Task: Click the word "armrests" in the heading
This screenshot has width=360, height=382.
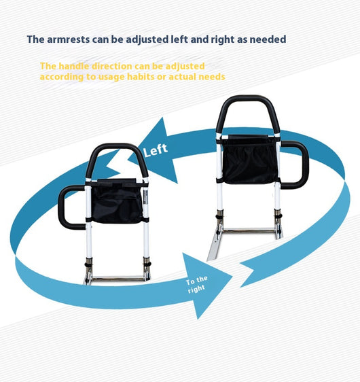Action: pyautogui.click(x=68, y=39)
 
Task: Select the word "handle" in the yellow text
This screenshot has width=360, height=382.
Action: pyautogui.click(x=74, y=66)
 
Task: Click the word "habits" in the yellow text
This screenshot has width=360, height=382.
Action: pyautogui.click(x=141, y=77)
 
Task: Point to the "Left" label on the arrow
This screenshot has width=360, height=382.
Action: pyautogui.click(x=156, y=150)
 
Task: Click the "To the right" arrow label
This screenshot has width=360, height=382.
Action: pyautogui.click(x=196, y=285)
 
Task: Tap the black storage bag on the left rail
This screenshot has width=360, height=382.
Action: pyautogui.click(x=117, y=201)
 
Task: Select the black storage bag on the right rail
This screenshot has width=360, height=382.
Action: pyautogui.click(x=250, y=160)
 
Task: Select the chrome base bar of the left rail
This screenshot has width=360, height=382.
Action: pyautogui.click(x=118, y=278)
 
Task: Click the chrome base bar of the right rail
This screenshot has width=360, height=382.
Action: pyautogui.click(x=249, y=230)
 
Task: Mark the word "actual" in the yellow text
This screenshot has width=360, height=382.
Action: pyautogui.click(x=183, y=77)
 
